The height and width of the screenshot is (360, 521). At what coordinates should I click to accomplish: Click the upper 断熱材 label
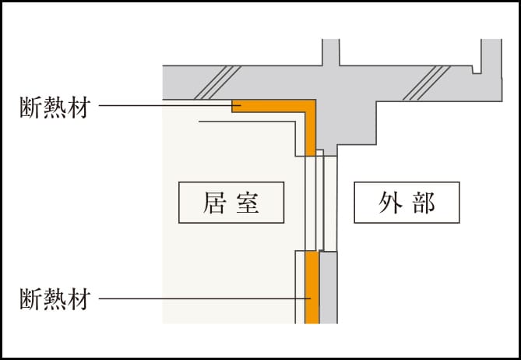(54, 107)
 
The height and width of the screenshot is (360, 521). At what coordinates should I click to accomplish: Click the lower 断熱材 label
(54, 298)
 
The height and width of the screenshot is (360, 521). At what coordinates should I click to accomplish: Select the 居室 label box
(231, 203)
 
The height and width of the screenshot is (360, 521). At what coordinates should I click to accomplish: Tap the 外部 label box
(407, 203)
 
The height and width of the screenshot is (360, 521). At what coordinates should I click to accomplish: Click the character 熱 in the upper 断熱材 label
(54, 107)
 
